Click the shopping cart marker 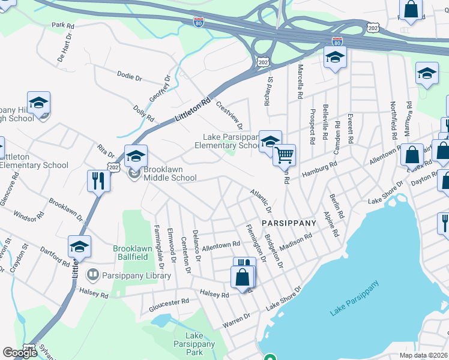click(x=284, y=155)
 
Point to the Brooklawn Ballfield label click(x=139, y=253)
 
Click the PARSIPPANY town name click(x=289, y=223)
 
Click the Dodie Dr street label click(x=129, y=77)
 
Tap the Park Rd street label click(x=62, y=26)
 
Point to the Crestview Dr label click(x=229, y=115)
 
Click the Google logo click(x=20, y=353)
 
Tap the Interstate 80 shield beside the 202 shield click(x=337, y=41)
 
